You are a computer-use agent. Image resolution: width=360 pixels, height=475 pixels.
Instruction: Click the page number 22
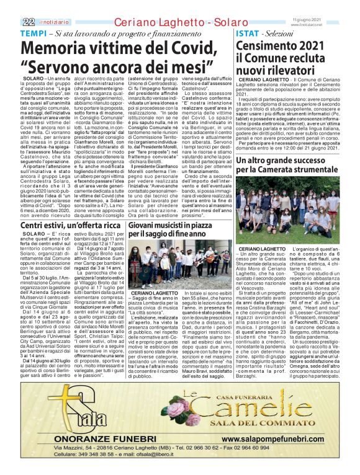(x=10, y=6)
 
